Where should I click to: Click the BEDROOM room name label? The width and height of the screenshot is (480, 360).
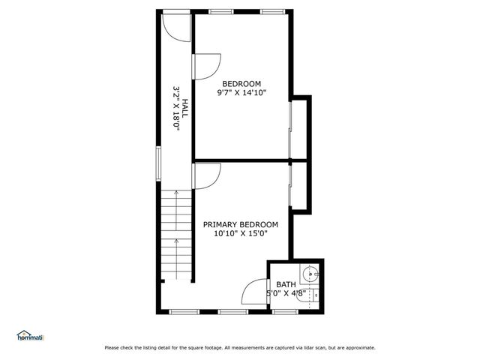pyautogui.click(x=241, y=83)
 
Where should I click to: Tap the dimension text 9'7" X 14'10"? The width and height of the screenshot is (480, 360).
pyautogui.click(x=241, y=93)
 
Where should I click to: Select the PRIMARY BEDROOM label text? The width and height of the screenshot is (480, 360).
pyautogui.click(x=240, y=224)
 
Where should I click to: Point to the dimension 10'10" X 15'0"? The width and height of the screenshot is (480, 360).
pyautogui.click(x=240, y=234)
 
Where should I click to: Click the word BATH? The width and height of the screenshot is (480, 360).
pyautogui.click(x=286, y=284)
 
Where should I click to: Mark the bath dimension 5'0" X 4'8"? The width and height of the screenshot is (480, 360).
pyautogui.click(x=286, y=293)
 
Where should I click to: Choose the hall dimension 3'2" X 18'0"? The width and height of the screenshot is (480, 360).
pyautogui.click(x=176, y=109)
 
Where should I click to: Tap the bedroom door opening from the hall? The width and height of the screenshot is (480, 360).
pyautogui.click(x=205, y=66)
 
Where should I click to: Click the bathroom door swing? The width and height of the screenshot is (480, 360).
pyautogui.click(x=257, y=292)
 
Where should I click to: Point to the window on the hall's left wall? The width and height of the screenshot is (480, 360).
pyautogui.click(x=158, y=163)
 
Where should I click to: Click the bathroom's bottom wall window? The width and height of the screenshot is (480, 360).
pyautogui.click(x=284, y=311)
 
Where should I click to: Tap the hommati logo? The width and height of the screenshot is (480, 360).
pyautogui.click(x=30, y=336)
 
